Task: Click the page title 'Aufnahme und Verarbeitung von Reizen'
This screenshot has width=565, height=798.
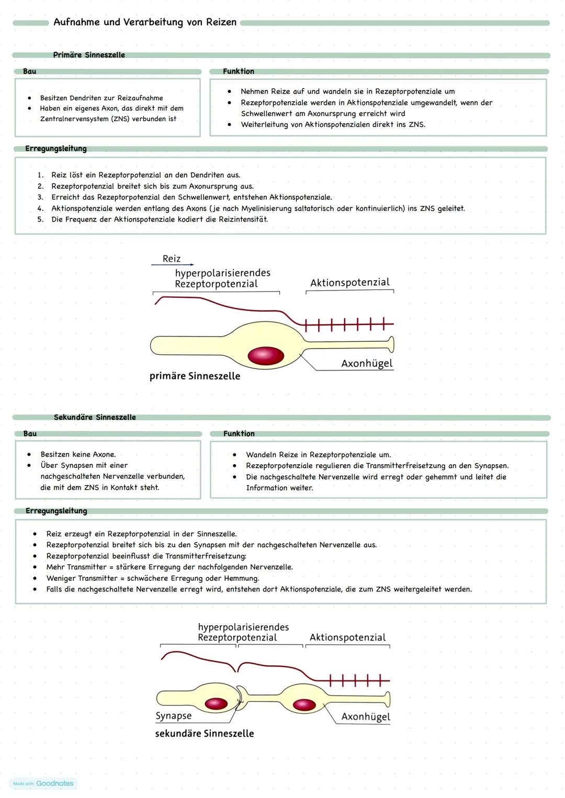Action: (145, 22)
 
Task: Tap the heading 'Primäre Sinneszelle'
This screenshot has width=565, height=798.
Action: (89, 55)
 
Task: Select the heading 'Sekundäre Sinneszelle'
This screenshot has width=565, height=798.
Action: (95, 417)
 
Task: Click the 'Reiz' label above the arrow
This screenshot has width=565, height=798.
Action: (172, 259)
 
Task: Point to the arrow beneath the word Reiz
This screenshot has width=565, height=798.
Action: (172, 265)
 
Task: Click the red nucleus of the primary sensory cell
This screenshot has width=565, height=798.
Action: (266, 356)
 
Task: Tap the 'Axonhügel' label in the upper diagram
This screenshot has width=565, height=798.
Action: (366, 363)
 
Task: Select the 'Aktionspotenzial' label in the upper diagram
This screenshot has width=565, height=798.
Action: (349, 283)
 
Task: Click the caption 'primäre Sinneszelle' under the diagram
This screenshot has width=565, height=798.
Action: (195, 376)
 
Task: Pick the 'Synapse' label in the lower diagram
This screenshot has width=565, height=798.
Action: (174, 716)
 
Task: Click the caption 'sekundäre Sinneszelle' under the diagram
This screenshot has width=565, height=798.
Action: (205, 734)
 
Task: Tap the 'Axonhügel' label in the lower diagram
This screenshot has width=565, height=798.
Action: (366, 716)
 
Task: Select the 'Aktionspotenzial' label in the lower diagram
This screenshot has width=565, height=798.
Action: (347, 638)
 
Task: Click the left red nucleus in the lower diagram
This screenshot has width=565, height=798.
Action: (216, 703)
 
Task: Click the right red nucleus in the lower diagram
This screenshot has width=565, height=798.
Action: (304, 705)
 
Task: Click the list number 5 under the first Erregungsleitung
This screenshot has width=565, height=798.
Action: (40, 219)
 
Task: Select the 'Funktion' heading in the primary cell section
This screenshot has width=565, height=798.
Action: (239, 71)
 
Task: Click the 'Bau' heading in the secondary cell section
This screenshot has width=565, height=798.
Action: (30, 434)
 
